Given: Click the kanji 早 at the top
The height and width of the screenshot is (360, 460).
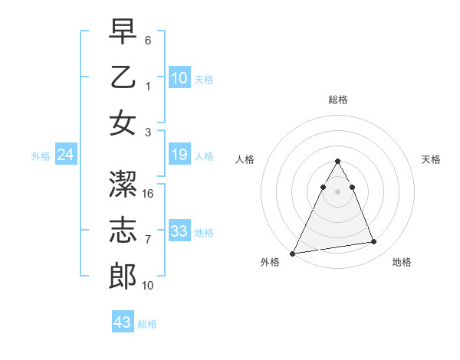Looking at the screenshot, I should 123,32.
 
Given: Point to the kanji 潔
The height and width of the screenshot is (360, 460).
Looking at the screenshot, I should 123,185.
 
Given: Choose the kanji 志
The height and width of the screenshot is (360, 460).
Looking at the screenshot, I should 123,230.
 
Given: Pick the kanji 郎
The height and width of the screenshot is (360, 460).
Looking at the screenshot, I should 123,276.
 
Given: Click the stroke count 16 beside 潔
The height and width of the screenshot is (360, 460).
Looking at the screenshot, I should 149,195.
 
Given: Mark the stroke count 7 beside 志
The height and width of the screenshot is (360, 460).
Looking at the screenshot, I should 149,240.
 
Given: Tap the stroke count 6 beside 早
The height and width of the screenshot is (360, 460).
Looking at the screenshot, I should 149,39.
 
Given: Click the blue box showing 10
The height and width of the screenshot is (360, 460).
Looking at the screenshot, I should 179,77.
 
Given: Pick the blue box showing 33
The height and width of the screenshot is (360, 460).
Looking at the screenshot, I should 179,231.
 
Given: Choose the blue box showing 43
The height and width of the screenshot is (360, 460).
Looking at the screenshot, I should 122,322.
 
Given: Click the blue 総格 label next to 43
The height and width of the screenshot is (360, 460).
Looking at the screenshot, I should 147,324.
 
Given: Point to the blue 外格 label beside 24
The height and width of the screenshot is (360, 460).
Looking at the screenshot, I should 41,156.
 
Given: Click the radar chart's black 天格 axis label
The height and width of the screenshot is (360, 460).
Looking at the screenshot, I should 432,159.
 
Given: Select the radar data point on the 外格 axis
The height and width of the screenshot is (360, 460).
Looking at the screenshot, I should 293,254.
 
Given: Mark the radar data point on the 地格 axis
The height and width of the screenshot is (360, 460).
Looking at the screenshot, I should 374,242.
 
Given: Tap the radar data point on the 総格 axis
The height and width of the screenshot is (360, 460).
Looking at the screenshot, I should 337,162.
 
